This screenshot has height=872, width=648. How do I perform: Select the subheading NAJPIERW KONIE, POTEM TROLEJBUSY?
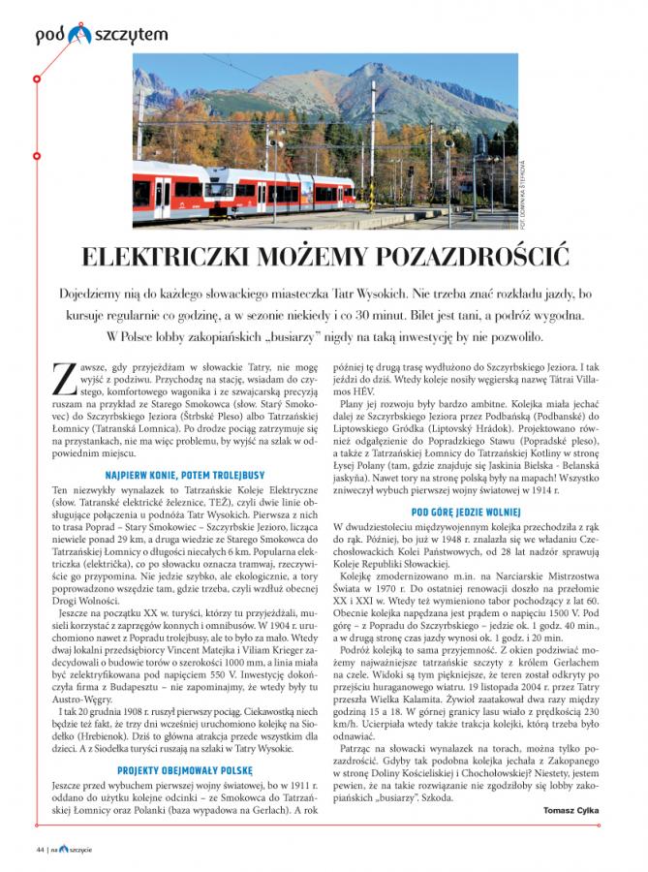[x=185, y=450]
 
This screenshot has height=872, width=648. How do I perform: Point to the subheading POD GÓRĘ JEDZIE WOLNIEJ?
[x=465, y=511]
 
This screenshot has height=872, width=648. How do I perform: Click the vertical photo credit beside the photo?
[x=523, y=194]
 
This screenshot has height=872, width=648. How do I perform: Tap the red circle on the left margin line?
[x=36, y=77]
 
